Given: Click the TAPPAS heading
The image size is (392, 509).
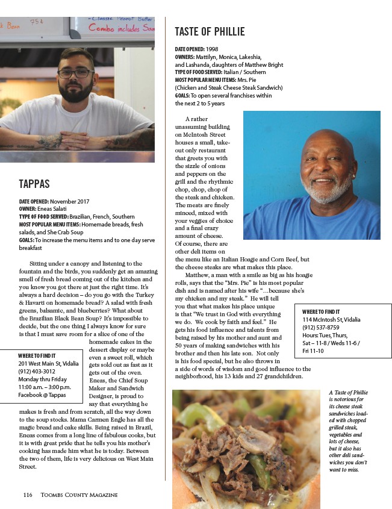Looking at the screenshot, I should point(34,184).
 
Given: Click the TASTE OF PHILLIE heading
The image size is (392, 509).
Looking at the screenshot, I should point(210,31).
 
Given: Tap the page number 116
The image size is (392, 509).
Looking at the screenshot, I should point(27,495).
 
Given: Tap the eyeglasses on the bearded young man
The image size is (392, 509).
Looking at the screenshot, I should point(76,73).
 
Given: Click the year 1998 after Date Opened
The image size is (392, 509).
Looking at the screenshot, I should point(213,48).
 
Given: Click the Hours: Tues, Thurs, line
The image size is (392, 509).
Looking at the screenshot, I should point(325,336).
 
